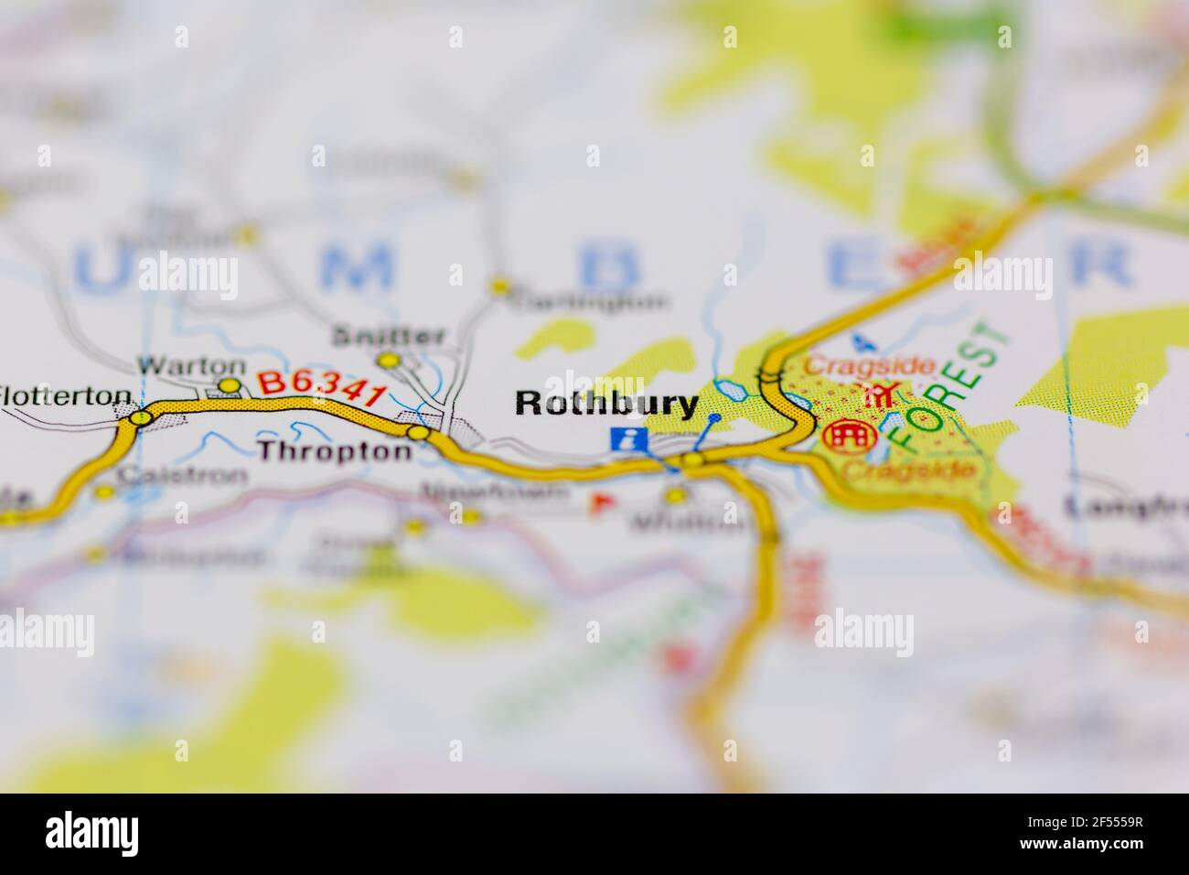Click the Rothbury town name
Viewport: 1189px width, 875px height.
tap(606, 404)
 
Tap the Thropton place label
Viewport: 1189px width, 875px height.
tap(334, 450)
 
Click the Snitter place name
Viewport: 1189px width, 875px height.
tap(389, 335)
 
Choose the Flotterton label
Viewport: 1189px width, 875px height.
tap(66, 395)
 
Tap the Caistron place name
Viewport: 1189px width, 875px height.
tap(182, 476)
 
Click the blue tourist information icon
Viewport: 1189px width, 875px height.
tap(629, 439)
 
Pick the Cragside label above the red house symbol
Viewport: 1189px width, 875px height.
tap(869, 366)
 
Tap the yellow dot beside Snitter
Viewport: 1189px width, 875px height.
tap(390, 361)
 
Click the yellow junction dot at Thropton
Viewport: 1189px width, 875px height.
tap(419, 433)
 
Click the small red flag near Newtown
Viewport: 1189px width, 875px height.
tap(600, 501)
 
